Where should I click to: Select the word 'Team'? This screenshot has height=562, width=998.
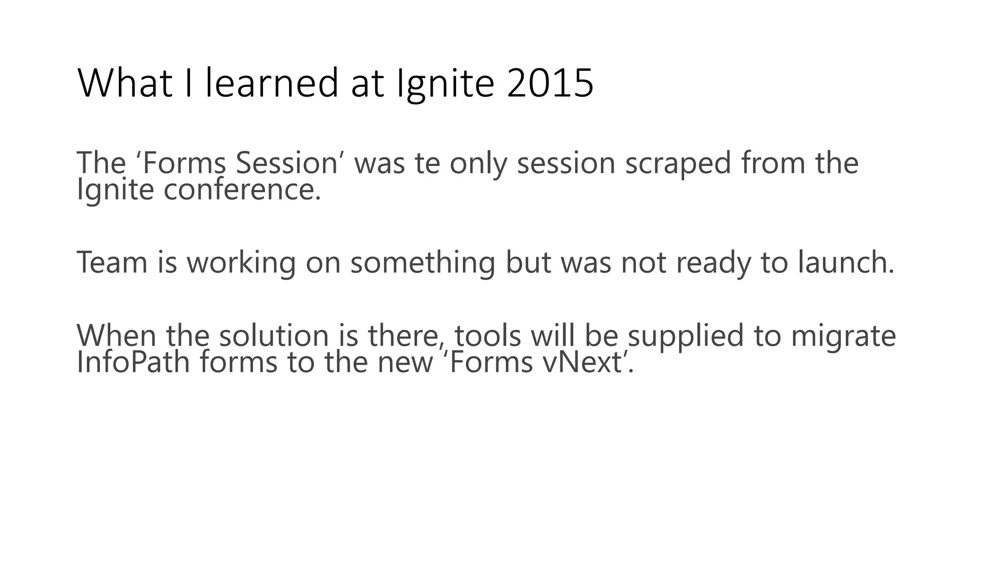click(112, 262)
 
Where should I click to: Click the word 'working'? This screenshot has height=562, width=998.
click(241, 263)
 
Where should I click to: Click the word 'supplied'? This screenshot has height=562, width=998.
click(685, 336)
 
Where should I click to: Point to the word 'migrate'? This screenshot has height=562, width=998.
click(843, 336)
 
